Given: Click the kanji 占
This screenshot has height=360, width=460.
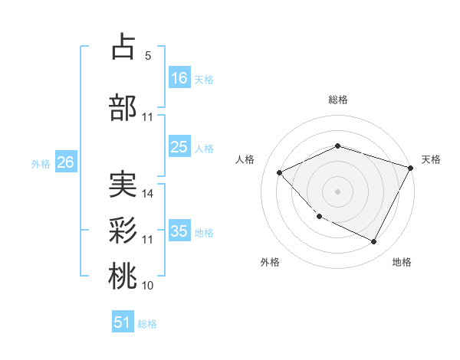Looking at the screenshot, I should coord(123,47).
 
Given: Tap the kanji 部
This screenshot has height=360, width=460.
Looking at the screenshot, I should coord(123,107).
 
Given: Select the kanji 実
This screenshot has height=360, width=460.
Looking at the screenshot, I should coord(123,185).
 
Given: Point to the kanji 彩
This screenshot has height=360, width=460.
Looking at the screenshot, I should coord(123,229).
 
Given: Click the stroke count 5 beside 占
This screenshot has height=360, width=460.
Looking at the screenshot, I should coord(148,56).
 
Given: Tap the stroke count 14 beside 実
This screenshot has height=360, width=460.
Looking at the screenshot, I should coord(148,194).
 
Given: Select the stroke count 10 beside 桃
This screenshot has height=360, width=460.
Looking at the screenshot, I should coord(148,286).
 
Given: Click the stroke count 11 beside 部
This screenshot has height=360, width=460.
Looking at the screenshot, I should coord(148,117).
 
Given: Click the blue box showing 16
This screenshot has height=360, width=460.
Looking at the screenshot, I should coord(179,77).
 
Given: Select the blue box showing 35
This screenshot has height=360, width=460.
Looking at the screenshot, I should coord(179,231).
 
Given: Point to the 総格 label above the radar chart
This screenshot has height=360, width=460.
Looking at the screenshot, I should coord(337,100).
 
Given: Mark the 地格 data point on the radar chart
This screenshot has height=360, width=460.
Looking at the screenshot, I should coord(374,242).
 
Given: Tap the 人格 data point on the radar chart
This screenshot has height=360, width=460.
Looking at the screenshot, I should coord(280,172).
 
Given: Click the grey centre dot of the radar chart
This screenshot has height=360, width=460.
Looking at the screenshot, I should coord(337,191).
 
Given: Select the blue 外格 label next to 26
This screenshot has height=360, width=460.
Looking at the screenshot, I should coord(41,163).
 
